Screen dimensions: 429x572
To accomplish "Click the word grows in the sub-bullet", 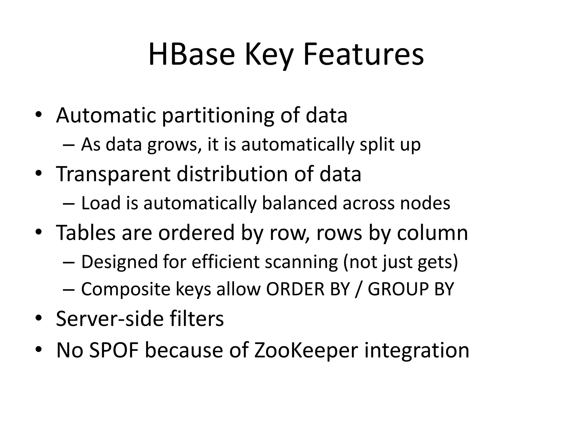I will pos(174,145).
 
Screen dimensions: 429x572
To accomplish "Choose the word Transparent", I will pos(113,174).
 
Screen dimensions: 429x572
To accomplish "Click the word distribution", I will pos(232,174).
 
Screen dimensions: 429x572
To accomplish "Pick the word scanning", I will pos(301,262).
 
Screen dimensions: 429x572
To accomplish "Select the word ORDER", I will pos(295,289).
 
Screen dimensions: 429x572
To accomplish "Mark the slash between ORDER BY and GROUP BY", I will pos(359,289).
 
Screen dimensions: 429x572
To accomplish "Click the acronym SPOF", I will pos(114,350).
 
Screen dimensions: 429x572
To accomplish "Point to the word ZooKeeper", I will pos(306,350).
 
